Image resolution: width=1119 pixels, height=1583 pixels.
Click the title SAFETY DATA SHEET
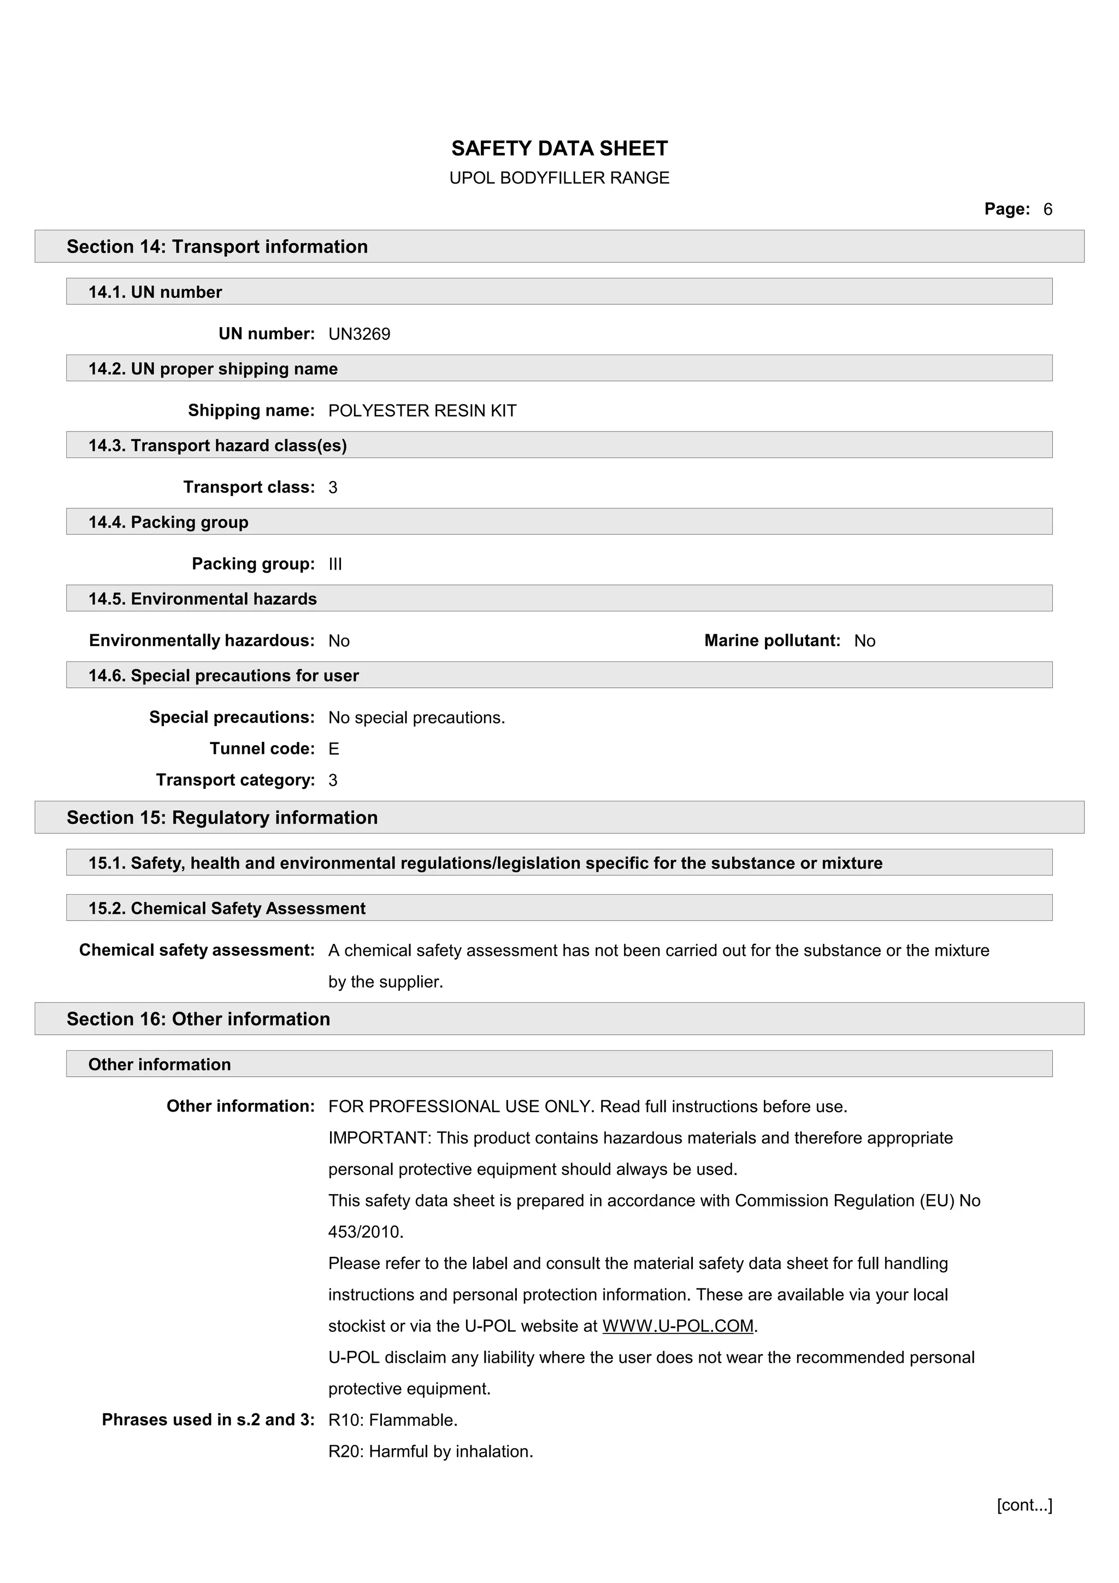tap(559, 148)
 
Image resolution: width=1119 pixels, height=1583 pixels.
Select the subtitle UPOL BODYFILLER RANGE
tap(559, 178)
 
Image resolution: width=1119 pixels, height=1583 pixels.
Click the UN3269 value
tap(359, 334)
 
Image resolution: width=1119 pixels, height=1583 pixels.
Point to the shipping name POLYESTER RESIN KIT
tap(422, 411)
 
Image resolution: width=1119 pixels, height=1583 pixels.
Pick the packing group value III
tap(335, 565)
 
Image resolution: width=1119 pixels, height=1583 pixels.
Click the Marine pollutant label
tap(771, 641)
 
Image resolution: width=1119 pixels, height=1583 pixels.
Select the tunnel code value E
tap(334, 749)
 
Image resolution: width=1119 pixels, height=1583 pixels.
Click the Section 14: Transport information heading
tap(217, 247)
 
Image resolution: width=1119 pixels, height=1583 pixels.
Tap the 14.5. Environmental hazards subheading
tap(203, 599)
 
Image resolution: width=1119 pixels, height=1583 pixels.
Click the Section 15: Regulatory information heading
tap(222, 818)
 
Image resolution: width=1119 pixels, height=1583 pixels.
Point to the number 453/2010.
tap(366, 1232)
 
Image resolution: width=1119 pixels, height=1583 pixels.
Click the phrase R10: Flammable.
tap(393, 1420)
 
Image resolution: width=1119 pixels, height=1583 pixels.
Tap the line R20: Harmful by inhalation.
tap(430, 1452)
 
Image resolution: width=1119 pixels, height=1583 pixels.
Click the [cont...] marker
tap(1024, 1505)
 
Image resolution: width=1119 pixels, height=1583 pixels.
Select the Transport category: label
tap(235, 780)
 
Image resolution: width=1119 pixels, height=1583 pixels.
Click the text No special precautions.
tap(416, 718)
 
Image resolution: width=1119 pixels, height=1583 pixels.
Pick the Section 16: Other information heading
tap(198, 1019)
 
